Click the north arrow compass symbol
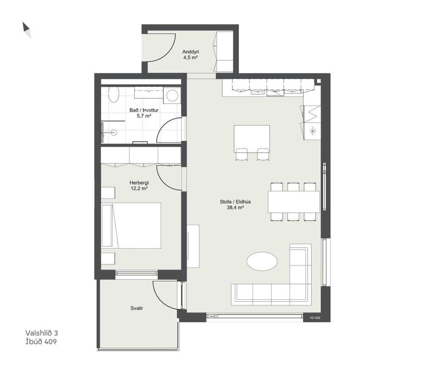point(27,30)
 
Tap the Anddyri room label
point(191,52)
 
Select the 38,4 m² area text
point(235,208)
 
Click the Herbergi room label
point(139,183)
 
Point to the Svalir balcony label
point(136,308)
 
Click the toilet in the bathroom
point(114,95)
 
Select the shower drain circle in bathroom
point(114,133)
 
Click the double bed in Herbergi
point(131,226)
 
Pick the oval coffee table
point(262,261)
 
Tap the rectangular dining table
point(294,202)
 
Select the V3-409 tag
point(315,318)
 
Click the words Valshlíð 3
point(42,333)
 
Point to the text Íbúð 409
point(41,341)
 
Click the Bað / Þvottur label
point(144,110)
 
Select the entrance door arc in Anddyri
point(168,53)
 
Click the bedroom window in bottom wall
point(136,273)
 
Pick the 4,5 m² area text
point(191,58)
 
